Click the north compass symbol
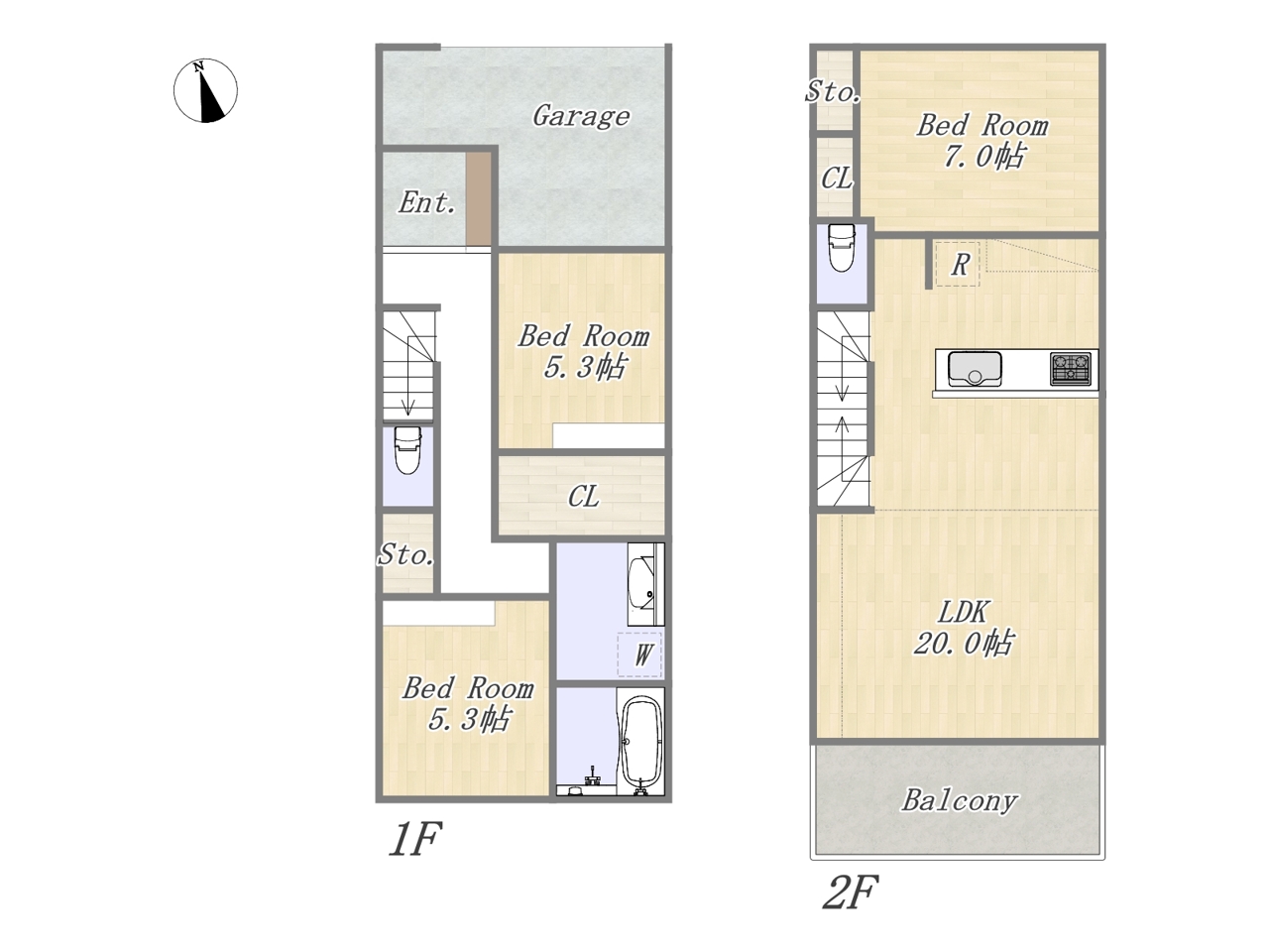pyautogui.click(x=205, y=90)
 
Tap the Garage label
pyautogui.click(x=581, y=117)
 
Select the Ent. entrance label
pyautogui.click(x=426, y=203)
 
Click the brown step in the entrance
pyautogui.click(x=479, y=199)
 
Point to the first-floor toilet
pyautogui.click(x=407, y=450)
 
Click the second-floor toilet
pyautogui.click(x=841, y=247)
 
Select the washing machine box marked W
pyautogui.click(x=639, y=654)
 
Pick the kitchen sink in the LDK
pyautogui.click(x=975, y=368)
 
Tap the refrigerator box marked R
pyautogui.click(x=958, y=264)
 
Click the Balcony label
pyautogui.click(x=959, y=801)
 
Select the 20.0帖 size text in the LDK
pyautogui.click(x=964, y=643)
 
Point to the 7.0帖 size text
pyautogui.click(x=984, y=156)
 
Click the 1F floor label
pyautogui.click(x=415, y=838)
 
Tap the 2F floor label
pyautogui.click(x=850, y=892)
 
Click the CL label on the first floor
pyautogui.click(x=583, y=497)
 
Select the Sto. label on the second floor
pyautogui.click(x=833, y=92)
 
